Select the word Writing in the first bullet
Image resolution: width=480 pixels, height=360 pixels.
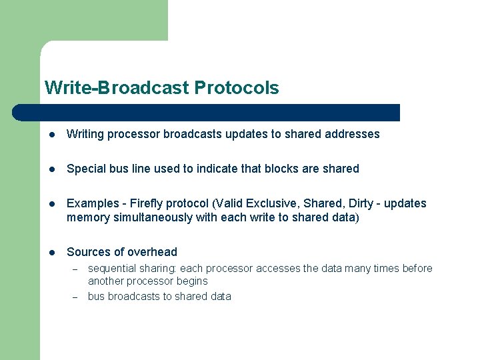pyautogui.click(x=85, y=134)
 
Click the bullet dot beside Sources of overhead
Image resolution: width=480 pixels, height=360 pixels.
pyautogui.click(x=51, y=252)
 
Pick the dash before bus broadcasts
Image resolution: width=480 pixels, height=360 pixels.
pyautogui.click(x=75, y=297)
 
